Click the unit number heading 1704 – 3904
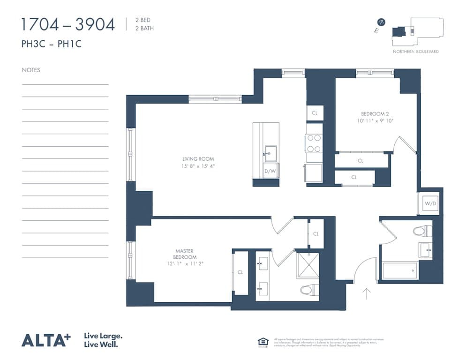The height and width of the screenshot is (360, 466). (x=68, y=24)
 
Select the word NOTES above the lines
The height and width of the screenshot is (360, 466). (x=31, y=70)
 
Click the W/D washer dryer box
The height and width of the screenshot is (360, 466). (x=429, y=203)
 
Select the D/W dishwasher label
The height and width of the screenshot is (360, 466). (x=270, y=171)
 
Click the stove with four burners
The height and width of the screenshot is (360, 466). (x=314, y=143)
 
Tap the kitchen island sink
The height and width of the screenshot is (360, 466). (x=270, y=152)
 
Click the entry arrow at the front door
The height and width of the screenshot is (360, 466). (x=367, y=294)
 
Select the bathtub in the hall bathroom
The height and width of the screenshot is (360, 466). (x=399, y=270)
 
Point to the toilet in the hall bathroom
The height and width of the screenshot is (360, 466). (x=422, y=230)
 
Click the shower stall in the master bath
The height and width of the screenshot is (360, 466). (x=307, y=265)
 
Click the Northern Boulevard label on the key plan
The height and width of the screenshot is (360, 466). (x=415, y=52)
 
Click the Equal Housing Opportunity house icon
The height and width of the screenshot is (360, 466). (x=263, y=341)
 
